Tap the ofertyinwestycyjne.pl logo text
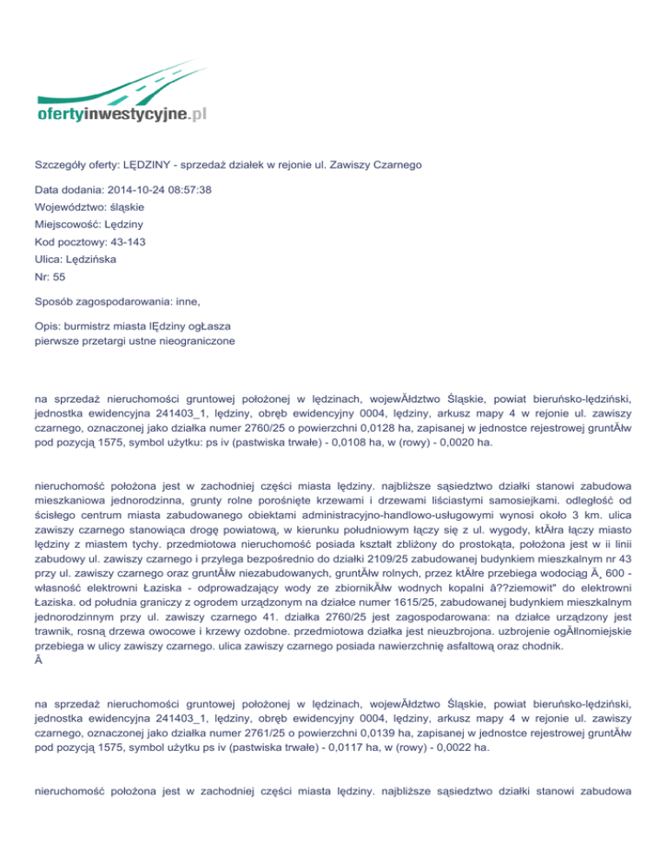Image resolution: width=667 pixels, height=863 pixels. point(122,114)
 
